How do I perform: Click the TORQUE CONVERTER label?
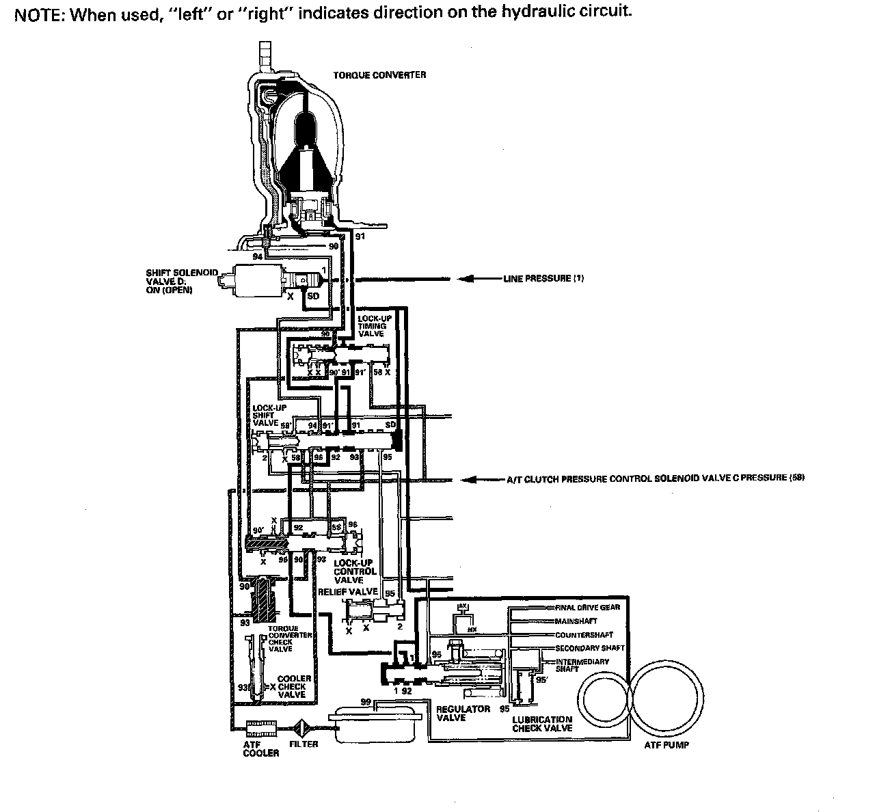click(x=379, y=75)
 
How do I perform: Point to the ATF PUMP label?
click(x=667, y=745)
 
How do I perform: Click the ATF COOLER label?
click(x=261, y=748)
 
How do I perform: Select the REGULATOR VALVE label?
click(x=463, y=713)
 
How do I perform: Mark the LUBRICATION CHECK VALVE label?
click(x=542, y=724)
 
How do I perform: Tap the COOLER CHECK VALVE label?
click(x=295, y=686)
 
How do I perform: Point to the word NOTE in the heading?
click(x=38, y=16)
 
